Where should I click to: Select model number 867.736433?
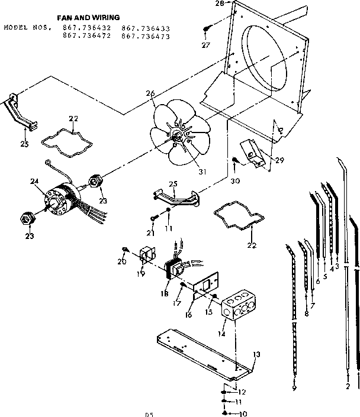[x=146, y=28]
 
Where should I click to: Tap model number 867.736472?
[x=86, y=37]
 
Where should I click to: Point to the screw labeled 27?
[x=207, y=28]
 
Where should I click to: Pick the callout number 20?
[x=121, y=262]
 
